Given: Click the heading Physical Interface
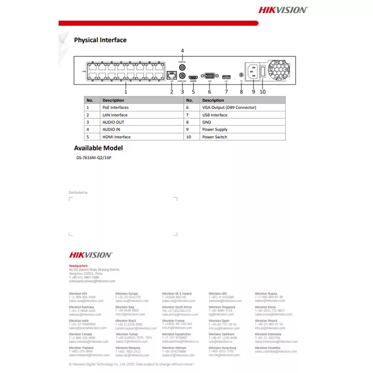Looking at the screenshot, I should click(x=100, y=40).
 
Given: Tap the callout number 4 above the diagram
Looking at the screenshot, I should click(x=182, y=50).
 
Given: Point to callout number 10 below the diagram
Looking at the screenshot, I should click(x=262, y=92).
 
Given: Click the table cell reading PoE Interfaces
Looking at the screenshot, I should click(x=116, y=107).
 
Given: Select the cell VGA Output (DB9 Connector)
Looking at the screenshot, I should click(x=229, y=107).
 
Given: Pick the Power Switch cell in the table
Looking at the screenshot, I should click(x=215, y=137).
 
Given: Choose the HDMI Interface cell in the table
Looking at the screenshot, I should click(x=117, y=137).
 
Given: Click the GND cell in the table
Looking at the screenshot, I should click(x=207, y=122).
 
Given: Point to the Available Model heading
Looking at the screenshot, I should click(x=98, y=148).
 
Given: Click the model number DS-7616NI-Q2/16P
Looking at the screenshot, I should click(x=94, y=158).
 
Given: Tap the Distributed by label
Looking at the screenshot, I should click(x=78, y=193).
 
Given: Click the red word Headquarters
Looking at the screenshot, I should click(x=78, y=266).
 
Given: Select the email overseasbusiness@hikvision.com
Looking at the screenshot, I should click(x=92, y=281).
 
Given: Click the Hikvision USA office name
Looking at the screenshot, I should click(x=78, y=294).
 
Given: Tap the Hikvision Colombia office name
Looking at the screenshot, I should click(x=268, y=348).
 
